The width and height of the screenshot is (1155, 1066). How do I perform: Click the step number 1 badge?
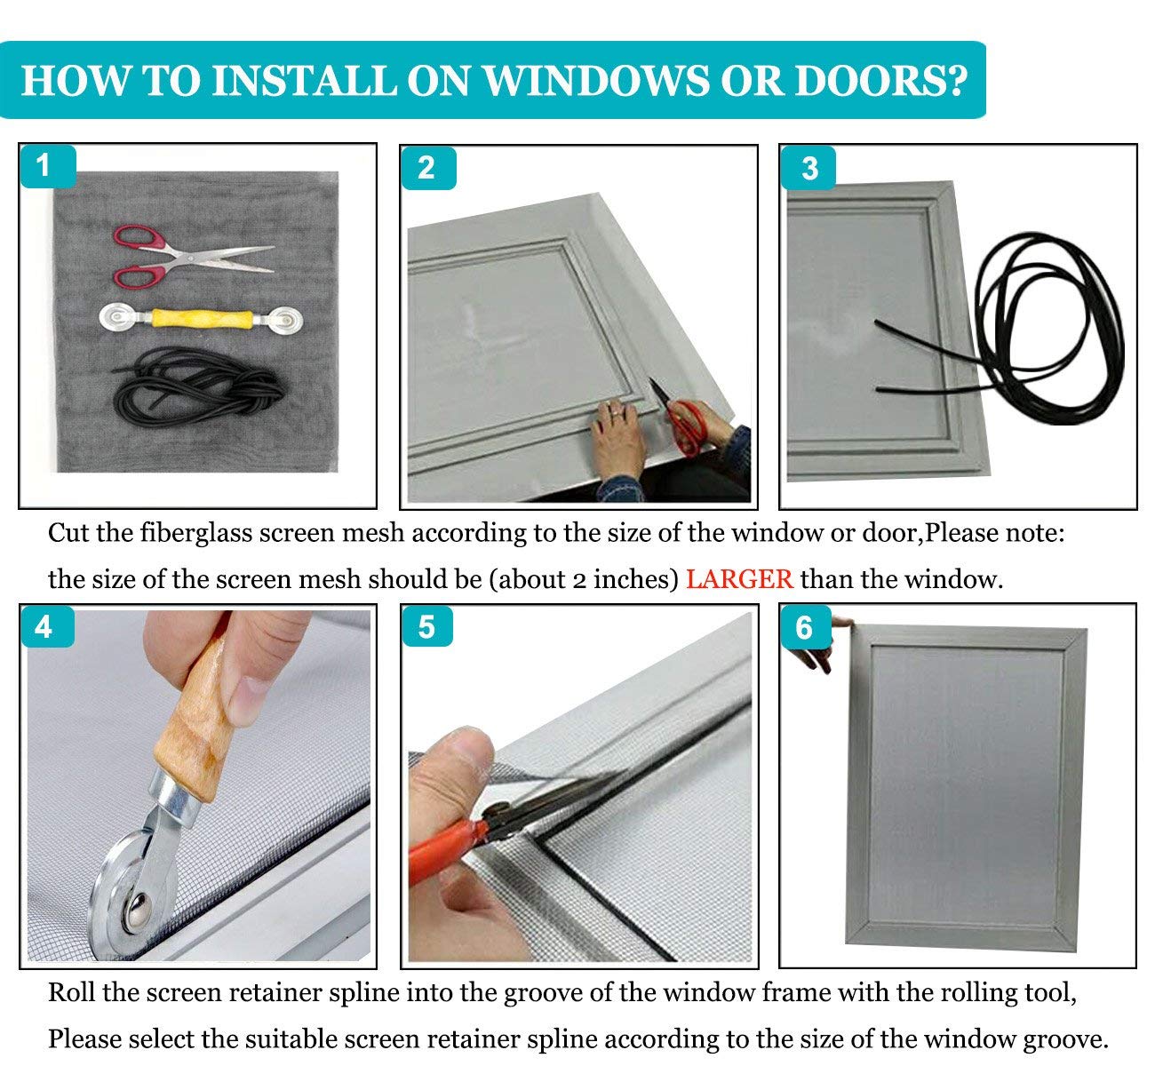(48, 166)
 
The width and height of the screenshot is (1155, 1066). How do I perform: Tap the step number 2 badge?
(428, 168)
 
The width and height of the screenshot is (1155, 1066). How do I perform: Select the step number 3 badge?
(808, 168)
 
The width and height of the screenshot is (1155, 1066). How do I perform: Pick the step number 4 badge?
(48, 627)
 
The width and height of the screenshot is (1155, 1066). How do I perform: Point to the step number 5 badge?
(427, 626)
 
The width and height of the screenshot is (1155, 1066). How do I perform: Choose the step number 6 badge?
(806, 627)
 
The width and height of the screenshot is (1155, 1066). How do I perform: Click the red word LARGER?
(739, 579)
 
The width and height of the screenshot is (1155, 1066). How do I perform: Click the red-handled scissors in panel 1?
(192, 257)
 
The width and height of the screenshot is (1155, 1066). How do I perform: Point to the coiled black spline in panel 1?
(199, 386)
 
